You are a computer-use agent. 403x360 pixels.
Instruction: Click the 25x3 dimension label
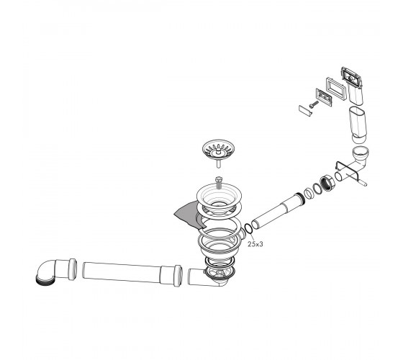point(255,244)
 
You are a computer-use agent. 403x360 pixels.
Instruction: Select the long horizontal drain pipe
point(132,274)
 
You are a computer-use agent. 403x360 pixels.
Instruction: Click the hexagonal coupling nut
point(327,183)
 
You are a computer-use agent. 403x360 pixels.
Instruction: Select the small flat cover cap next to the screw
point(305,111)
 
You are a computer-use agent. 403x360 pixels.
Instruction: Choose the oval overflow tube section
point(358,125)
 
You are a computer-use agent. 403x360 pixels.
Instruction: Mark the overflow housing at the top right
point(352,86)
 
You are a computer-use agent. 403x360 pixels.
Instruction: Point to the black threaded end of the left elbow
point(45,280)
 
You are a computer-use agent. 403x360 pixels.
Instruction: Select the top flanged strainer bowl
point(219,196)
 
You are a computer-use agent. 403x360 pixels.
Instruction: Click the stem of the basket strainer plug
point(219,163)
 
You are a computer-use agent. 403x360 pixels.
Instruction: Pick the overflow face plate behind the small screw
point(324,97)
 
